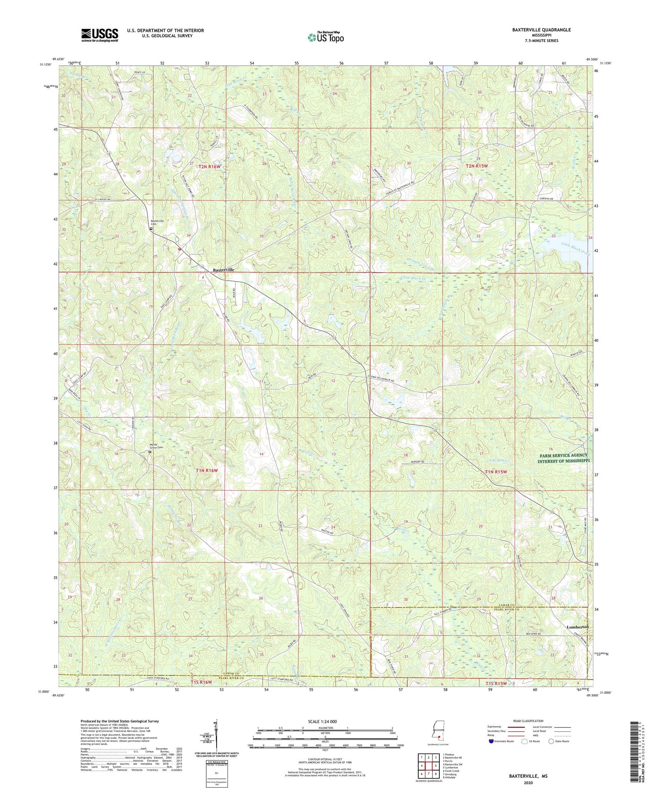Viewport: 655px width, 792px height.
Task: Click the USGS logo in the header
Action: [x=100, y=35]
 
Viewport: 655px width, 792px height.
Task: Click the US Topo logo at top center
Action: [x=325, y=37]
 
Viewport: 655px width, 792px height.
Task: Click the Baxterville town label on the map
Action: [x=224, y=270]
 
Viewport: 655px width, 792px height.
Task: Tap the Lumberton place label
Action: [x=577, y=627]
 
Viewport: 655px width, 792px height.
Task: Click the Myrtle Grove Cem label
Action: [x=156, y=446]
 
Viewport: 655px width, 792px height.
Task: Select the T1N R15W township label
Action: [x=496, y=472]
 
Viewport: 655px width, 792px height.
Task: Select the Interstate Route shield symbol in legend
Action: [x=492, y=741]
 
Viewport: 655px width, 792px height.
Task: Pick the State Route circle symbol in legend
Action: [x=551, y=741]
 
